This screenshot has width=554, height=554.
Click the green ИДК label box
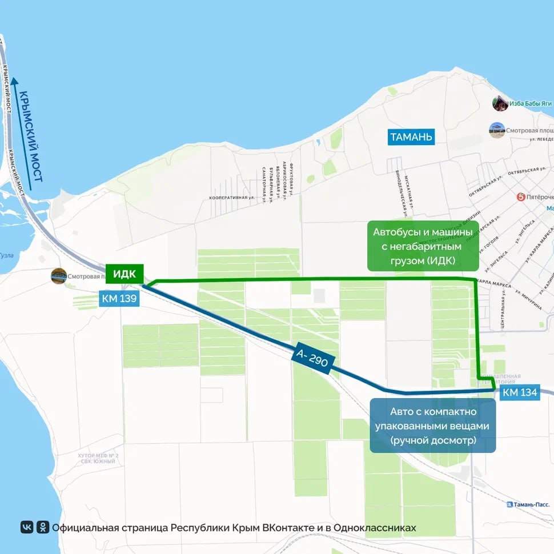coord(125,273)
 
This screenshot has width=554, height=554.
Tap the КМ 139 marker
coord(119,298)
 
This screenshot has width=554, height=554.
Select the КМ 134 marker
coord(520,392)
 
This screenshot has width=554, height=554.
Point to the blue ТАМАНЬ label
coord(411,137)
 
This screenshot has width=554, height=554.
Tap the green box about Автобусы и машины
coord(423,246)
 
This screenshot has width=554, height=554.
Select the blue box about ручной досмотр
coord(433,425)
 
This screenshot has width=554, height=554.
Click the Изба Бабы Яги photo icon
coord(500,103)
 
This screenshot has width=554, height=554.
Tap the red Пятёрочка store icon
coord(520,197)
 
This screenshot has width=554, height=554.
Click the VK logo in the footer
coord(27,527)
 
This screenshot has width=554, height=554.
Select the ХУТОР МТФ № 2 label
coord(97,456)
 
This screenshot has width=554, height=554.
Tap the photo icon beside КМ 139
coord(58,276)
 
